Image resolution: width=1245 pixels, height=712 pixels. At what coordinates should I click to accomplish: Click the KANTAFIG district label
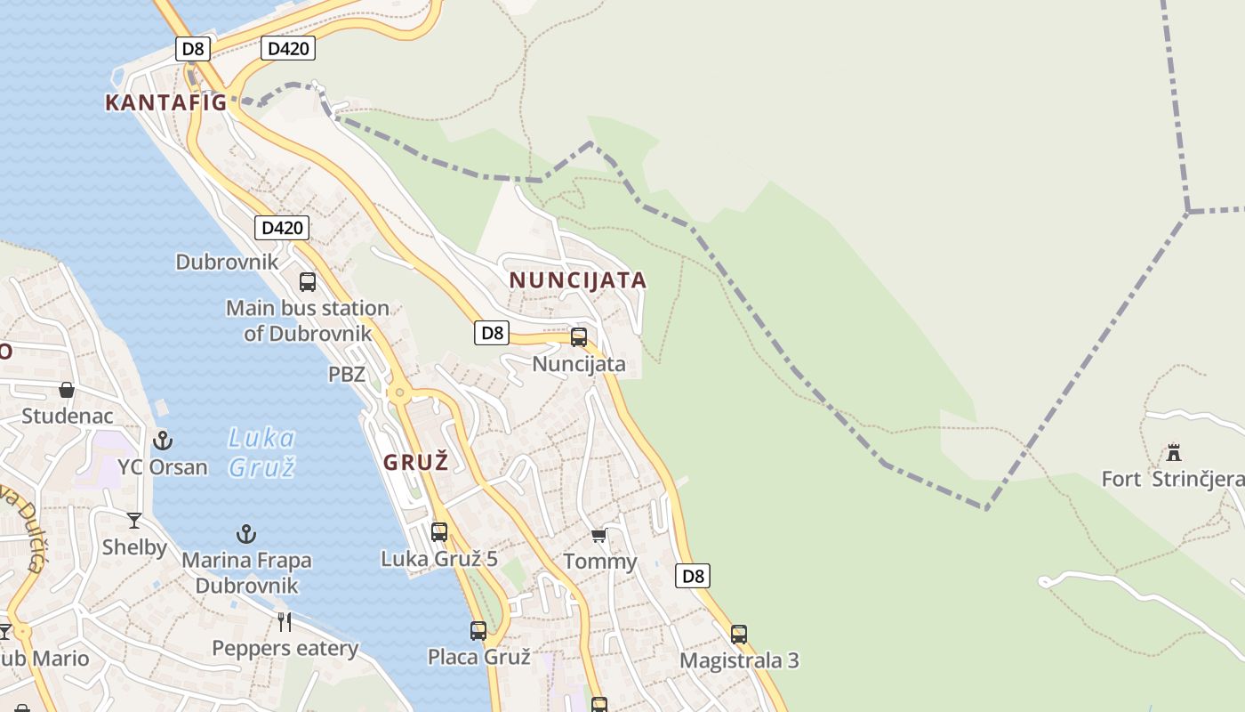(x=166, y=102)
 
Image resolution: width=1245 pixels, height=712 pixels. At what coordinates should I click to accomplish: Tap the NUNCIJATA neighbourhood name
(x=578, y=280)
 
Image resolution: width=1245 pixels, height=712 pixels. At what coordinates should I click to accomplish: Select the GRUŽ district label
(x=415, y=462)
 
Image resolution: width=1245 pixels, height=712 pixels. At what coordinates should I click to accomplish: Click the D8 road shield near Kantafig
(x=192, y=48)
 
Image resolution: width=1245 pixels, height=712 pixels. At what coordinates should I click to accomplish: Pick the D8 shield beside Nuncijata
(x=491, y=333)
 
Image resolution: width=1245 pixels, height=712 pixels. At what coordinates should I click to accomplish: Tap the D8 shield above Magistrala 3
(x=693, y=576)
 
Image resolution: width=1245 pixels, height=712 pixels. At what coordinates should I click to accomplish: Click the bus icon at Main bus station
(x=308, y=282)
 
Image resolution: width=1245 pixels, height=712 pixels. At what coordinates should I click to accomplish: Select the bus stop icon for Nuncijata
(x=579, y=337)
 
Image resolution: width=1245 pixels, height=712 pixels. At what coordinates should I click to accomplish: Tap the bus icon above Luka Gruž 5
(x=439, y=532)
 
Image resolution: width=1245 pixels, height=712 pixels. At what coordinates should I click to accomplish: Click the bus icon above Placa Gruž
(x=478, y=631)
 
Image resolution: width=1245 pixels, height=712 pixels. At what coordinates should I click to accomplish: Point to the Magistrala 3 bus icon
(x=739, y=635)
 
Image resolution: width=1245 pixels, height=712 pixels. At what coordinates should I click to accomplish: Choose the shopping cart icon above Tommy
(x=599, y=536)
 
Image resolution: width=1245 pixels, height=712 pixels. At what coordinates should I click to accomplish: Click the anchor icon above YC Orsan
(x=163, y=440)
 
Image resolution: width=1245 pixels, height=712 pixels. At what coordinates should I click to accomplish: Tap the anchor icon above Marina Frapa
(x=246, y=534)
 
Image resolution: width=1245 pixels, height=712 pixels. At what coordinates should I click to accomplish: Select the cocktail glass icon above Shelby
(x=134, y=521)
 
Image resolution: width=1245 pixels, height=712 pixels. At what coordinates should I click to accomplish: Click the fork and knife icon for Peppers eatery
(x=285, y=621)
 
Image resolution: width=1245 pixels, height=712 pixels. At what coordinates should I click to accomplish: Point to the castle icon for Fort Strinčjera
(x=1174, y=452)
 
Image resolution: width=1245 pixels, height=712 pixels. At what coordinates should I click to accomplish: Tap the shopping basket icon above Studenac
(x=67, y=390)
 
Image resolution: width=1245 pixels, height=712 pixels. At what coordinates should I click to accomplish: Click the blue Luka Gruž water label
(x=261, y=452)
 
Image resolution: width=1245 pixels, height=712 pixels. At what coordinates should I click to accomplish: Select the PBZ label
(x=347, y=375)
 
